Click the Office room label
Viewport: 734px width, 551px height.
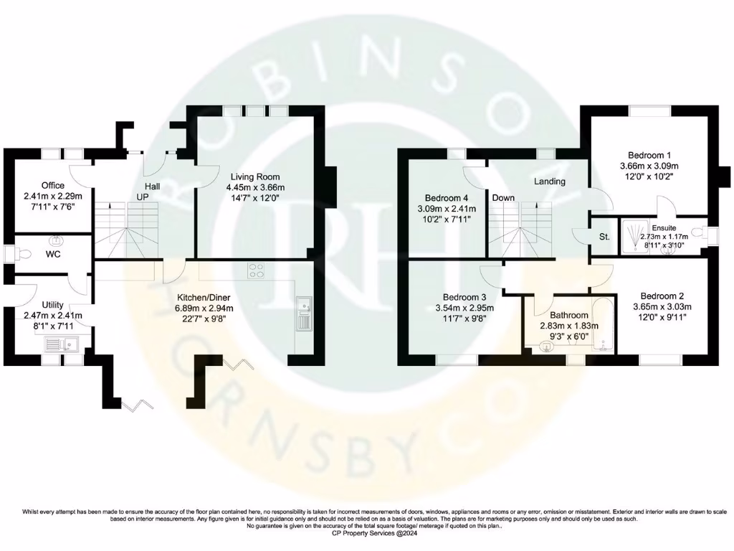(x=52, y=185)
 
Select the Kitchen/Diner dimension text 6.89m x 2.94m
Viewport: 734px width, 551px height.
(x=205, y=309)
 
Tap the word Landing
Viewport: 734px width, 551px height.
(x=549, y=182)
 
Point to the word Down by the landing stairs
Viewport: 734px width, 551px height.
(x=503, y=197)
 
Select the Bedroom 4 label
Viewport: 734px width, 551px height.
(x=446, y=198)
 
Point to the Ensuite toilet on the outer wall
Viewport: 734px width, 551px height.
(x=706, y=232)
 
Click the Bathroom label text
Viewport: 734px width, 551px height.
(x=568, y=314)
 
